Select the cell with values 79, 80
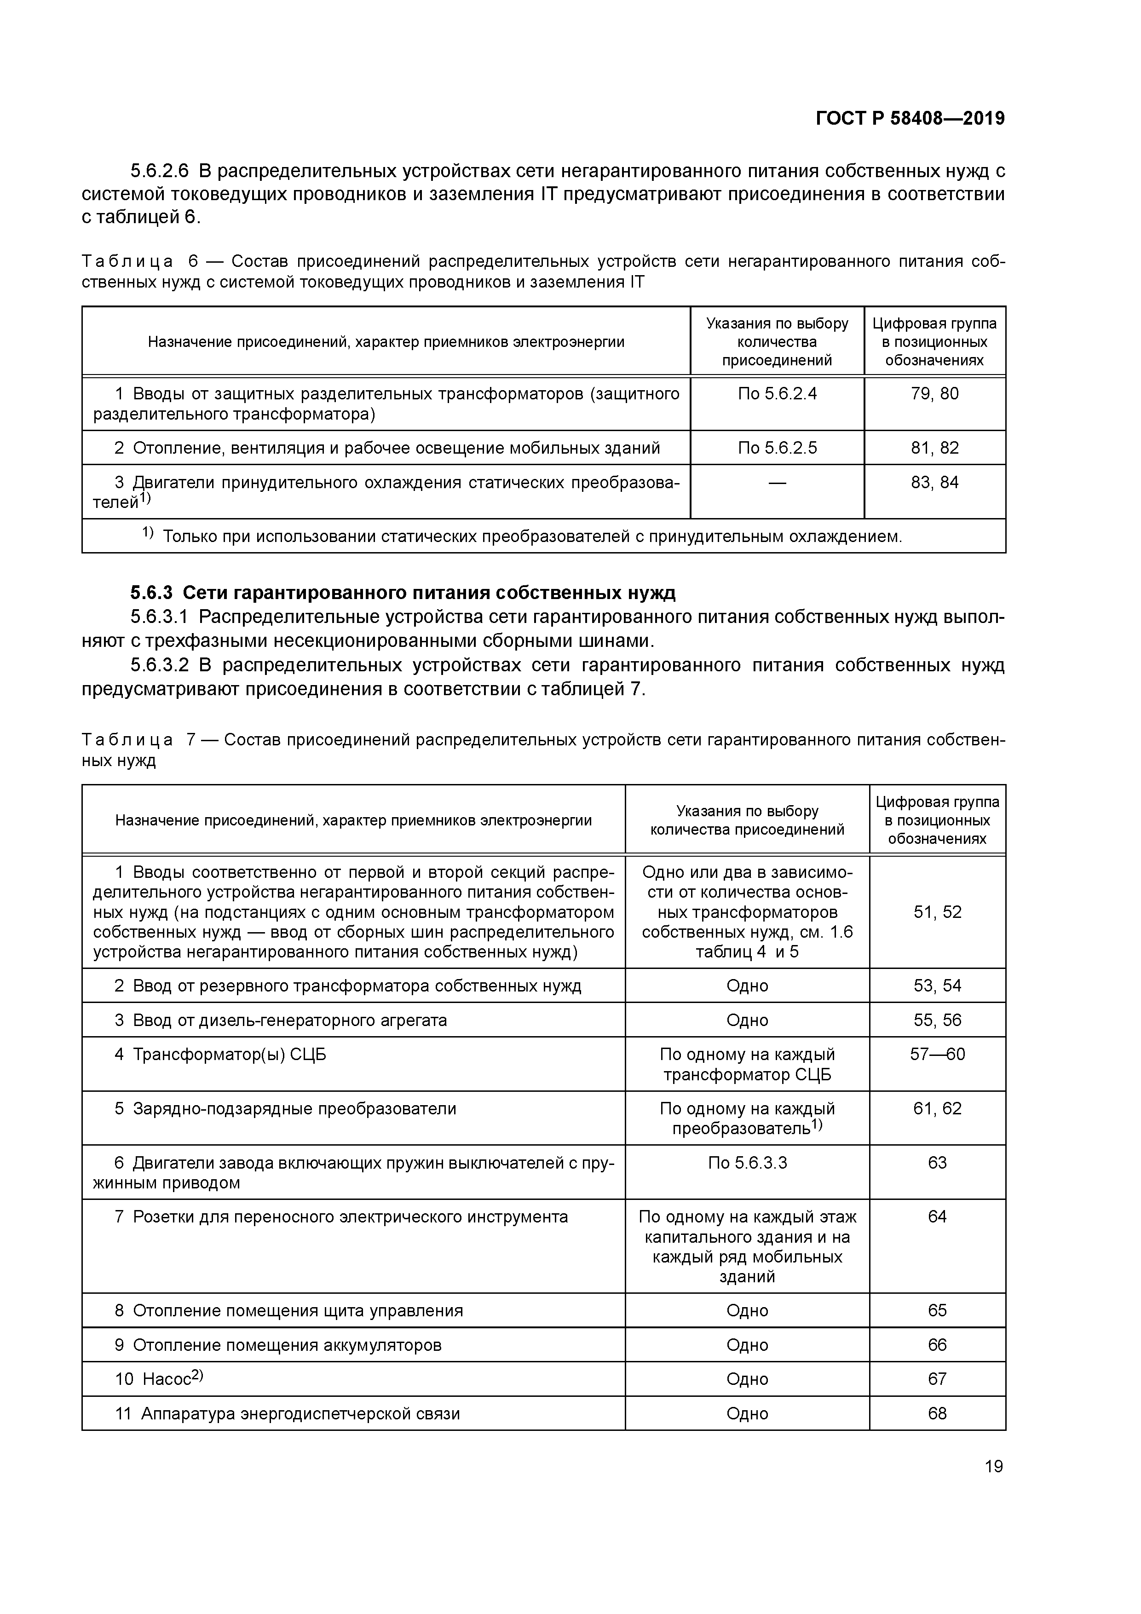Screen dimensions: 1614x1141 click(934, 394)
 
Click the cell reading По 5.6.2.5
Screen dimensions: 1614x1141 click(777, 448)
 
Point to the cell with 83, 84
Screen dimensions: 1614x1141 click(934, 482)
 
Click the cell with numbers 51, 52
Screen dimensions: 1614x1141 click(937, 912)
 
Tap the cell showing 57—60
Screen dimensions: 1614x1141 click(937, 1054)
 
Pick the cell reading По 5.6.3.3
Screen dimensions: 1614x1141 click(747, 1163)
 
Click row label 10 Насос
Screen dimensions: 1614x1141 click(158, 1378)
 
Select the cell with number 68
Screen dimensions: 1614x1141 click(937, 1413)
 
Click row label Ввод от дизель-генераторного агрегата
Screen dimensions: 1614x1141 click(289, 1020)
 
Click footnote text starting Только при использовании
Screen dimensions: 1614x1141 click(531, 537)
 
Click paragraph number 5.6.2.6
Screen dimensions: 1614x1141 click(160, 171)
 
